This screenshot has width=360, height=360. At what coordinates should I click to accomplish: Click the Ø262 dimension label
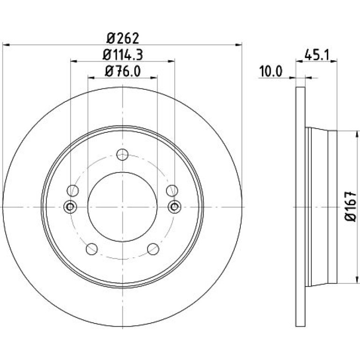pos(123,38)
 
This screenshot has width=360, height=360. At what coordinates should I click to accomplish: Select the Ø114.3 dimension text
pos(122,55)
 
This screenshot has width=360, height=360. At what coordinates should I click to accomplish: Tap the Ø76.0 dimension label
pos(122,72)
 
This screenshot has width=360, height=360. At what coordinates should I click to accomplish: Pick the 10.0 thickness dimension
pos(270,72)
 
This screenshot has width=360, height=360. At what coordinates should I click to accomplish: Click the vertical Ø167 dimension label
pos(351,207)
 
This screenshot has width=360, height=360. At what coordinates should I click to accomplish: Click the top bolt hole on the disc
pos(122,154)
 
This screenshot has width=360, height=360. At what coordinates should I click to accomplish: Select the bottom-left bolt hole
pos(92,249)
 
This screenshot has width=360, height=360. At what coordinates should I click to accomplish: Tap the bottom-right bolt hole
pos(153,249)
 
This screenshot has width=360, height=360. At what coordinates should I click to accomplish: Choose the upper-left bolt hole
pos(72,191)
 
